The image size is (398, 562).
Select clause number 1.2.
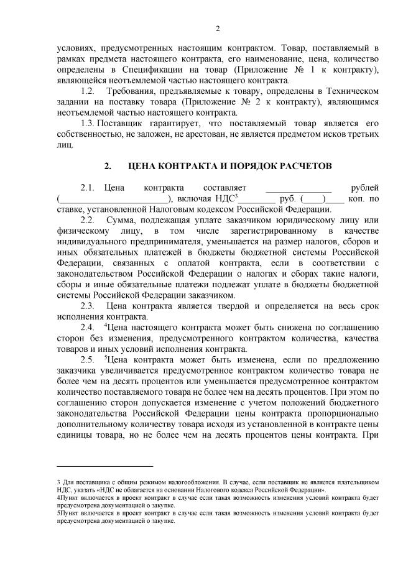coord(89,91)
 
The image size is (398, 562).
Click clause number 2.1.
coord(87,187)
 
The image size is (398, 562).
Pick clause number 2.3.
coord(87,305)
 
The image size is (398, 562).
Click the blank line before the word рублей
coord(298,187)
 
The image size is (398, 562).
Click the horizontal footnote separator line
coord(104,466)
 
